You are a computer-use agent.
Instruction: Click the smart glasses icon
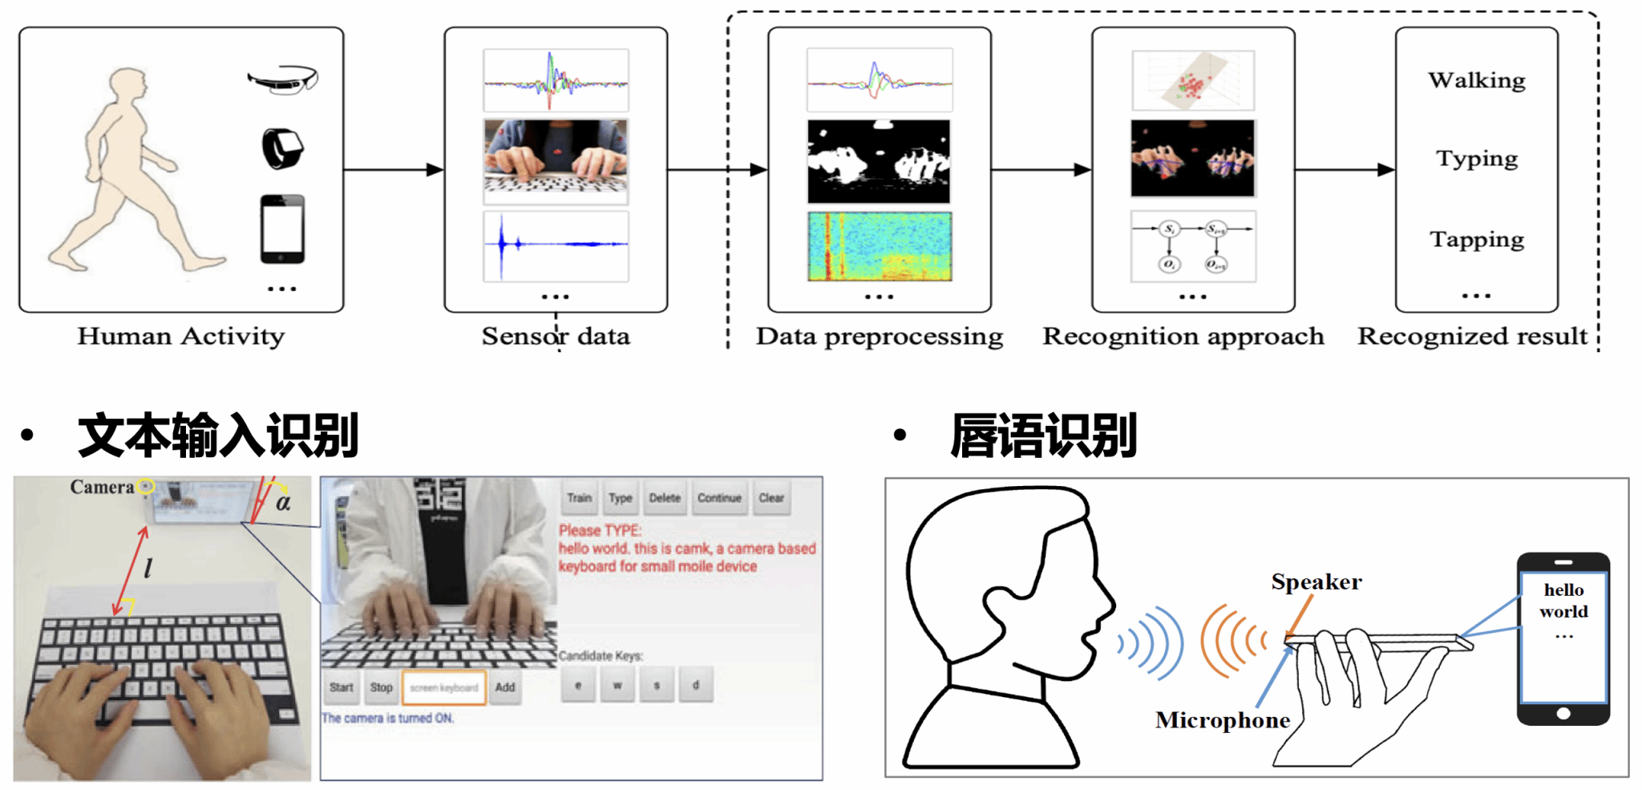(x=282, y=79)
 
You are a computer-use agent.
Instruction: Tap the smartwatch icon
(x=282, y=148)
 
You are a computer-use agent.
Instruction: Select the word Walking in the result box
(x=1476, y=80)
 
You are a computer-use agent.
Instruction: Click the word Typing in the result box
(x=1476, y=159)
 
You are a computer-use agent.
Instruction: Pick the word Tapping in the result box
(x=1476, y=239)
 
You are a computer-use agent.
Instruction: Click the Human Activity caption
(x=180, y=336)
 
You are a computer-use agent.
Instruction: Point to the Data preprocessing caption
(x=879, y=336)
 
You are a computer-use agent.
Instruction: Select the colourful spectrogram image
(x=879, y=246)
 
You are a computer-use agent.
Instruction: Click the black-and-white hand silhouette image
(x=879, y=161)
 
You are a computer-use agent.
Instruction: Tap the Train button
(x=579, y=498)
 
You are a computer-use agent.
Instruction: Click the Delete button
(x=664, y=498)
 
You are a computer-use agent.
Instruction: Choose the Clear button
(x=771, y=498)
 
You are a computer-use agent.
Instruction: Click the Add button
(x=505, y=687)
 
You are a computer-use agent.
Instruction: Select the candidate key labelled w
(x=617, y=686)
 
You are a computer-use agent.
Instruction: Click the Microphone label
(x=1222, y=720)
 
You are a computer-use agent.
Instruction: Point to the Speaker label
(x=1316, y=581)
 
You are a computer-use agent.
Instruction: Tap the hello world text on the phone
(x=1563, y=601)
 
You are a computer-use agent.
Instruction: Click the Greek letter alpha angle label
(x=283, y=503)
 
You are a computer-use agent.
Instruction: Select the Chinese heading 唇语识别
(x=1043, y=436)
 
